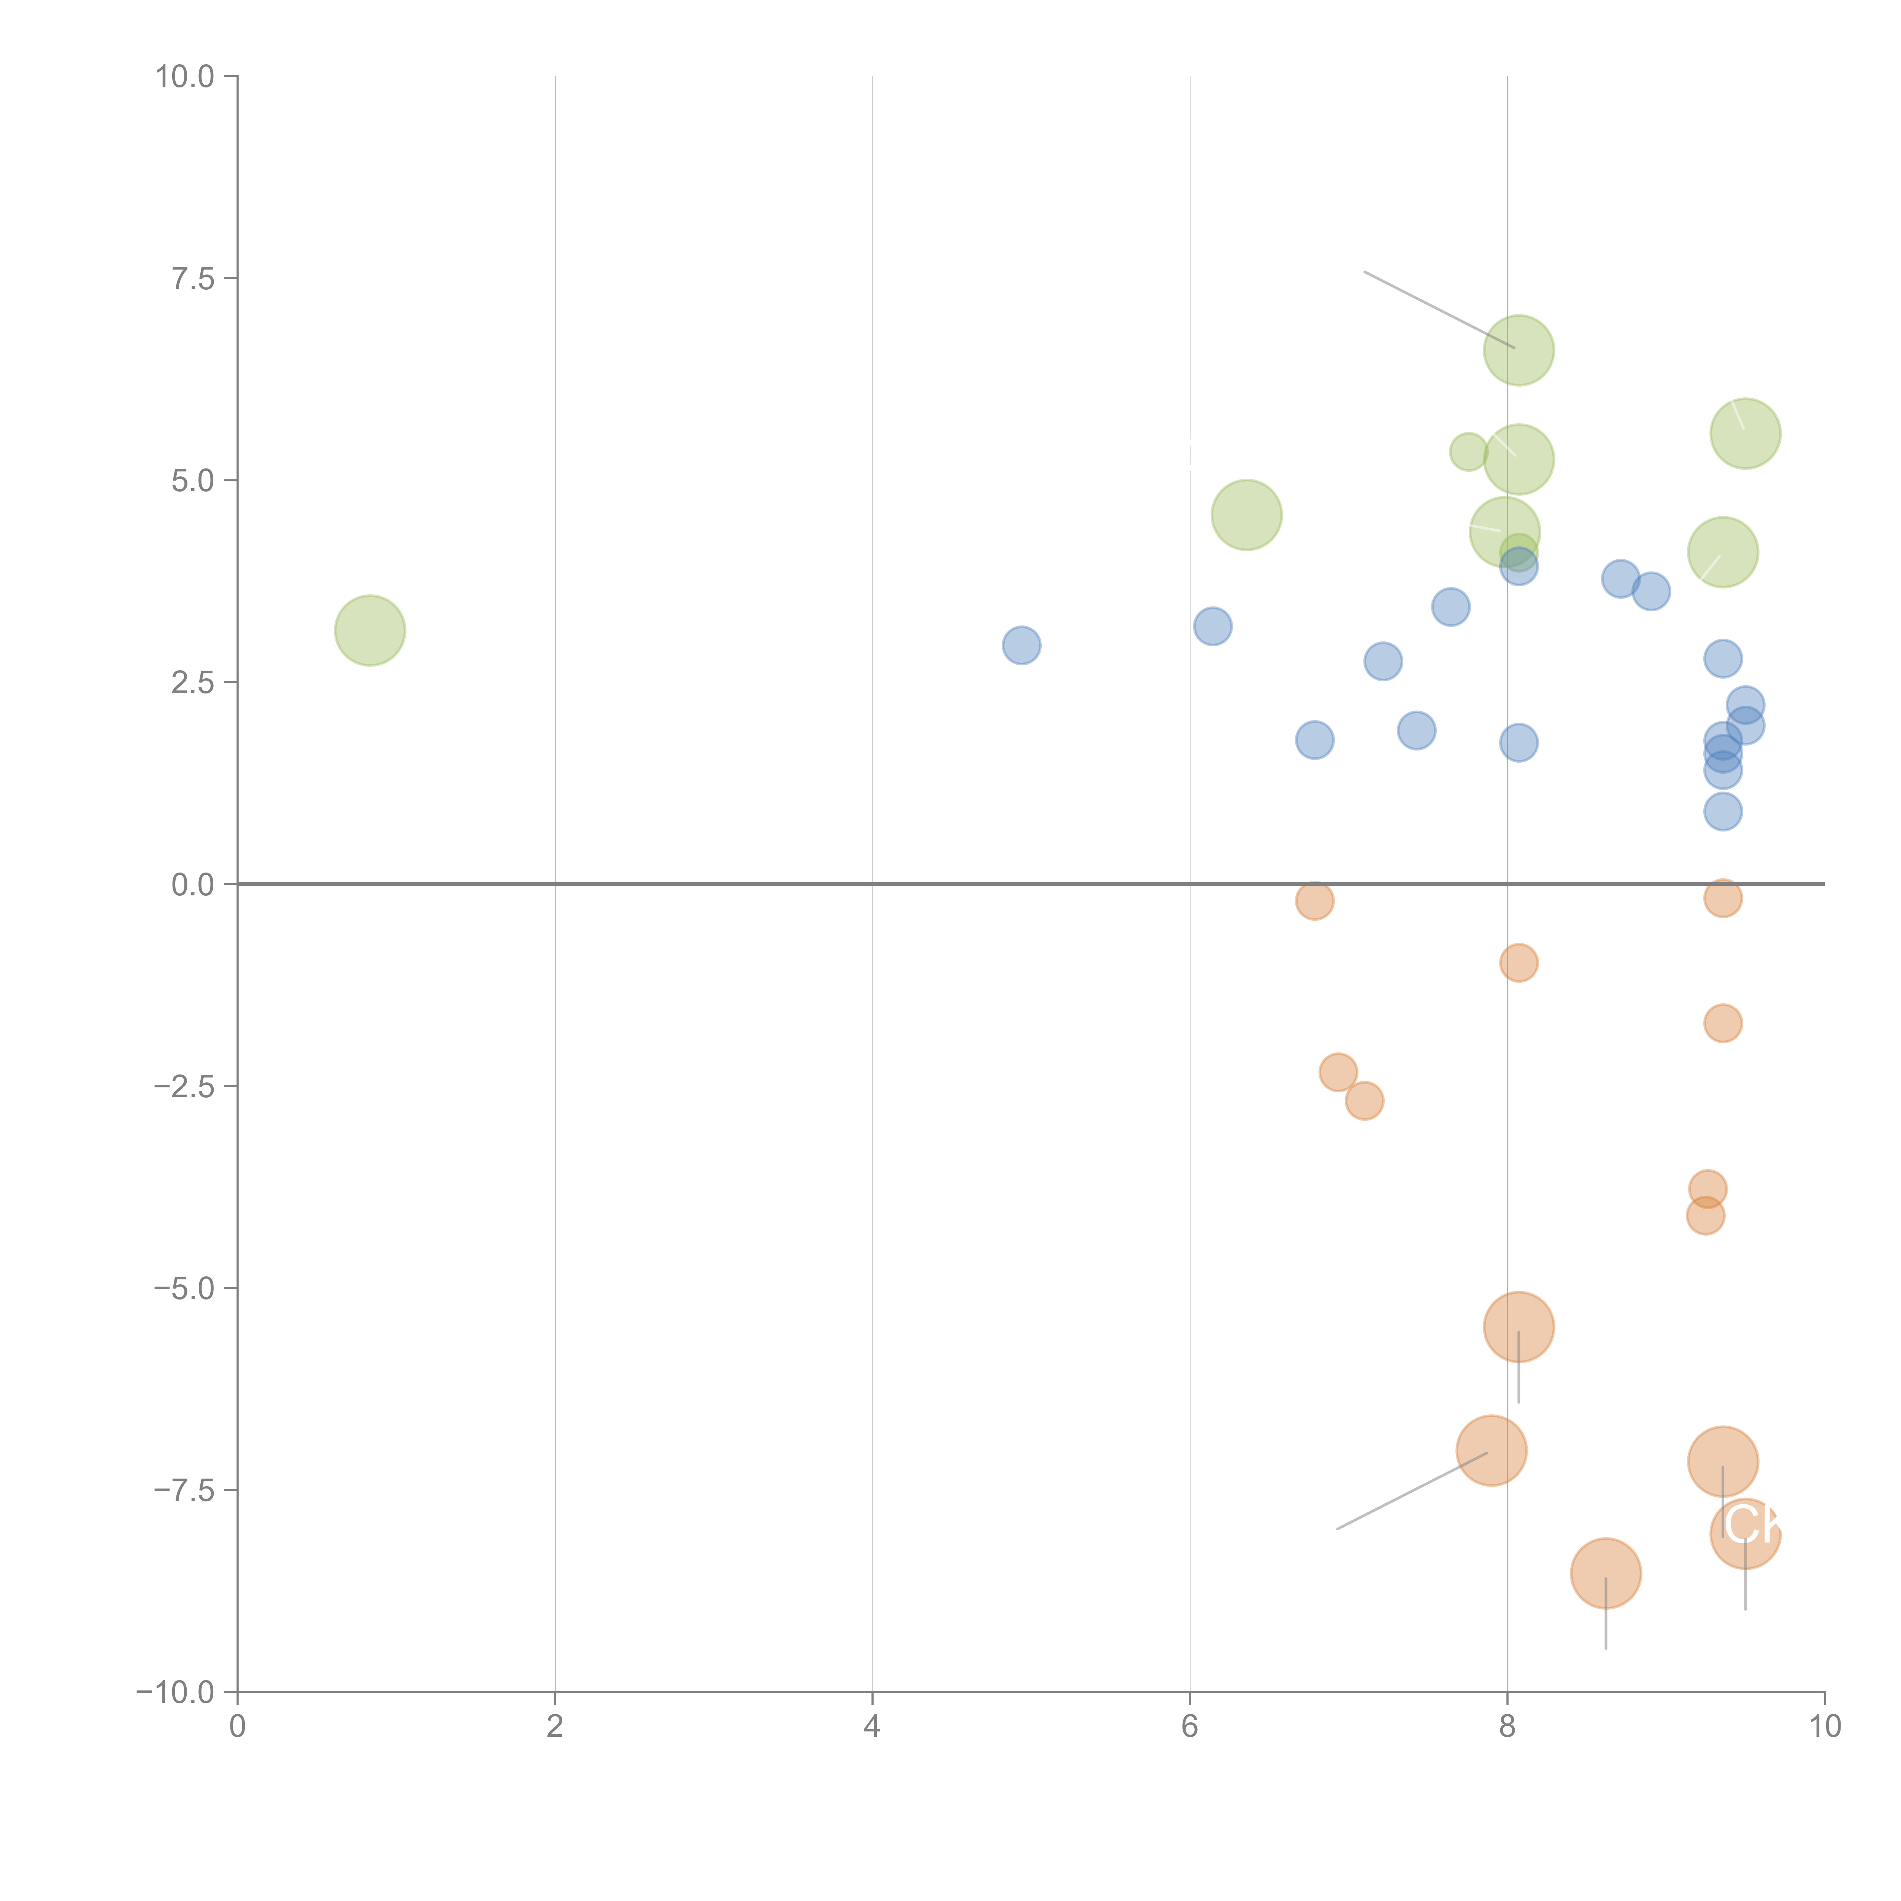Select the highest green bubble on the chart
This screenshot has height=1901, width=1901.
[x=1518, y=350]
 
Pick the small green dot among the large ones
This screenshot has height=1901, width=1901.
[x=1468, y=452]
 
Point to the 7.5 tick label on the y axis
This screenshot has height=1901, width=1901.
[x=193, y=278]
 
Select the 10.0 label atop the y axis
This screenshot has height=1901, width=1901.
[x=185, y=77]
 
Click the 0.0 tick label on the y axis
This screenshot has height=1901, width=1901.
[x=193, y=885]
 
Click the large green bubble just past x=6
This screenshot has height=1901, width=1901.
[x=1247, y=515]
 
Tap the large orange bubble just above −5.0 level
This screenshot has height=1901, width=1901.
[x=1518, y=1327]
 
